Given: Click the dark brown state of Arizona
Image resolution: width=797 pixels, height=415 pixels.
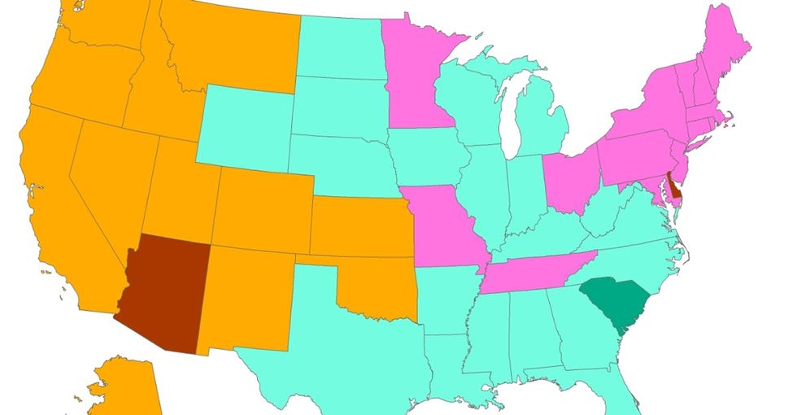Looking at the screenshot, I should (x=163, y=293).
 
